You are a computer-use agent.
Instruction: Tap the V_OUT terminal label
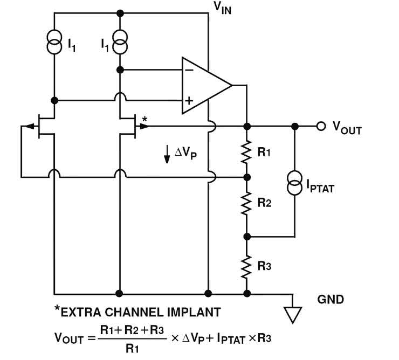point(347,128)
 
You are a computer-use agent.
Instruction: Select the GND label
point(331,299)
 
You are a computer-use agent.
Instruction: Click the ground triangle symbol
point(293,315)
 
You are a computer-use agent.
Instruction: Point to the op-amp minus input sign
point(189,70)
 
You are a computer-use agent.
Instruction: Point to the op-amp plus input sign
point(189,100)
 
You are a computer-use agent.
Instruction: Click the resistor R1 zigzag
point(247,152)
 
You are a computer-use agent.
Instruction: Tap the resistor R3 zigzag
point(247,265)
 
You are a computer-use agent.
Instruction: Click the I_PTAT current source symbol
point(295,183)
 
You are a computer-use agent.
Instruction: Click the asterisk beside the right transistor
point(144,117)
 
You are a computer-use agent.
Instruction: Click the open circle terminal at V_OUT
point(321,126)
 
